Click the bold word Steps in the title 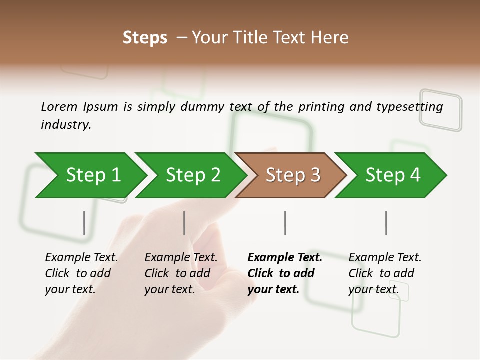coord(145,38)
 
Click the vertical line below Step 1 coord(84,223)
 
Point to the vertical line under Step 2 coord(184,223)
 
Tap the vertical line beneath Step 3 coord(285,223)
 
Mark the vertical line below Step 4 coord(386,223)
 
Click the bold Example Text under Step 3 coord(285,258)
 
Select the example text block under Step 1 coord(81,273)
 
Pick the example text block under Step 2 coord(181,273)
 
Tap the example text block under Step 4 coord(385,273)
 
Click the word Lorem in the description coord(59,106)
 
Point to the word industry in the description coord(66,125)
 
